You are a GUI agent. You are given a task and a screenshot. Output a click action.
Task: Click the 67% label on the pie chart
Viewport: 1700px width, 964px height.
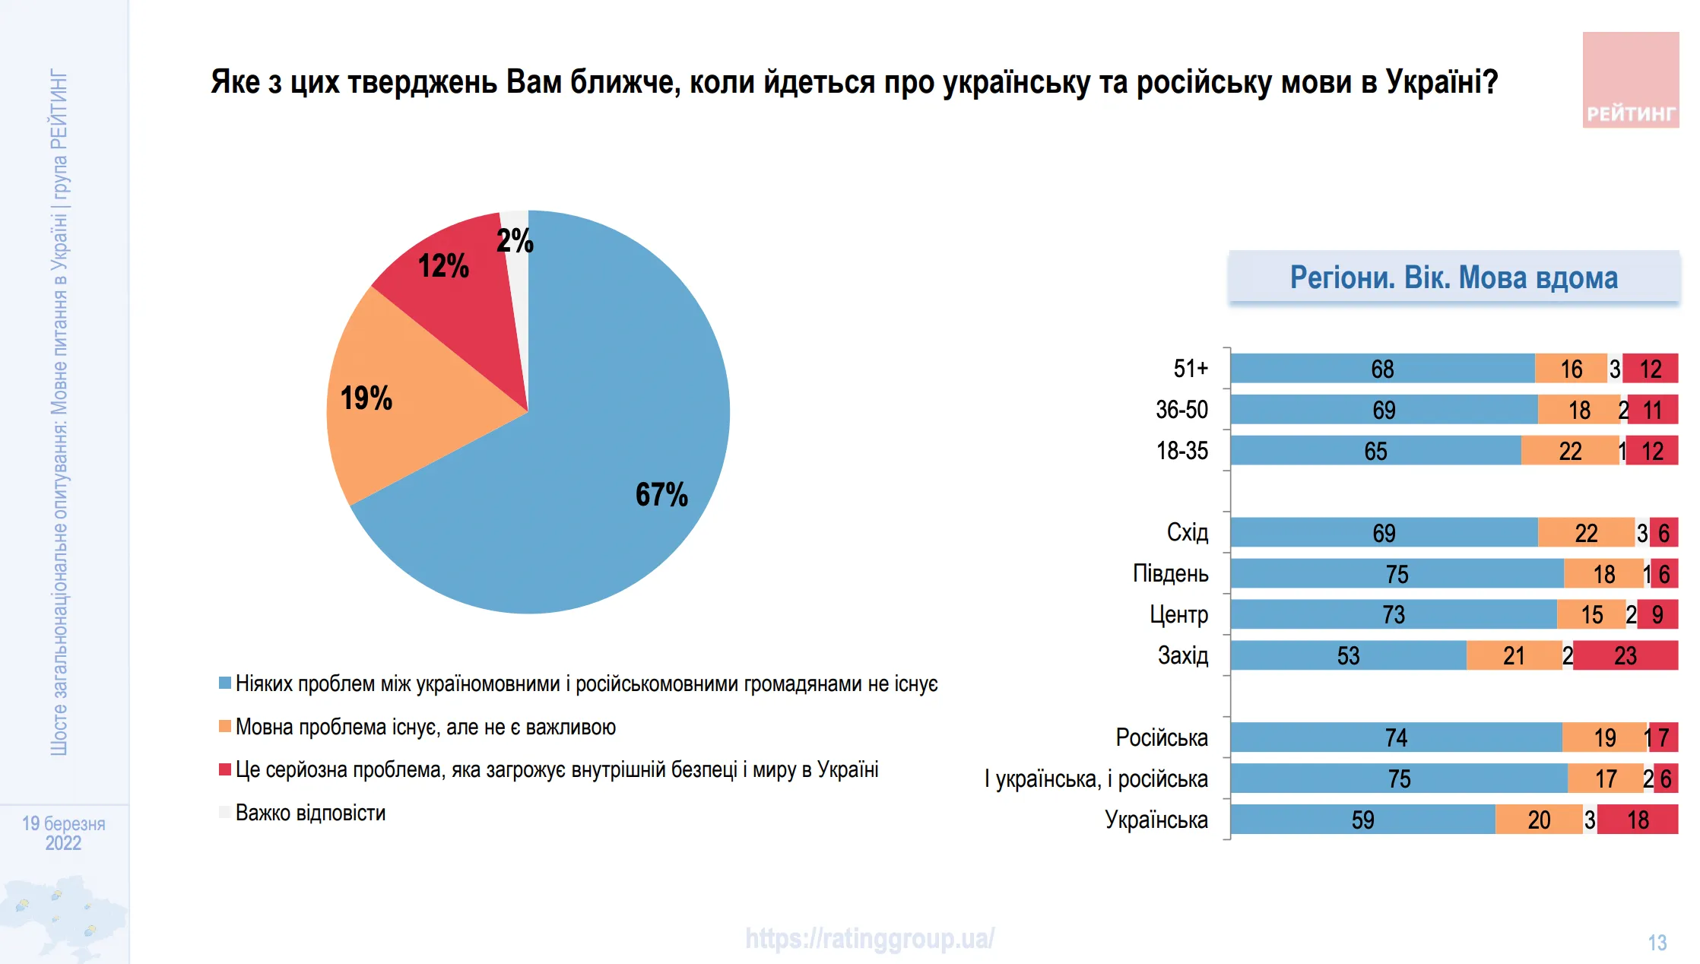click(661, 495)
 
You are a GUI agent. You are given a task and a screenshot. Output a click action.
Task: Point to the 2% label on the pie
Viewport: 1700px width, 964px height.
click(515, 241)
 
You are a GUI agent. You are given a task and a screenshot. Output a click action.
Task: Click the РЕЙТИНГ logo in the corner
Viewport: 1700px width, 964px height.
click(1630, 81)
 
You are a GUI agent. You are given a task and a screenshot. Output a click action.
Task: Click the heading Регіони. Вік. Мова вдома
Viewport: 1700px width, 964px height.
click(1454, 277)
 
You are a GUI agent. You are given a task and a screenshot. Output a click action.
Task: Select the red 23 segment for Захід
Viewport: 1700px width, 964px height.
click(1625, 655)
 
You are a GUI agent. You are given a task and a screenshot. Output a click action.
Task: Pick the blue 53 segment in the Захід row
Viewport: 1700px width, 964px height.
click(1348, 655)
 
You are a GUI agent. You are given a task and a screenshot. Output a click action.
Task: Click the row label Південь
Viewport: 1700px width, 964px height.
click(1170, 573)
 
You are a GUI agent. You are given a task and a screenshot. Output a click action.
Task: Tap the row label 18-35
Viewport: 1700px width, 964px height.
click(1181, 451)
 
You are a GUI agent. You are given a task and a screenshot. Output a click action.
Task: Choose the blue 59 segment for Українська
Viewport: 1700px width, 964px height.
click(1362, 820)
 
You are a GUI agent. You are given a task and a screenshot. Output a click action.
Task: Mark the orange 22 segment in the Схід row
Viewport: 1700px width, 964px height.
click(1585, 533)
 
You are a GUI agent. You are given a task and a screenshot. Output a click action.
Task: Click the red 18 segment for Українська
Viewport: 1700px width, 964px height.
click(1637, 820)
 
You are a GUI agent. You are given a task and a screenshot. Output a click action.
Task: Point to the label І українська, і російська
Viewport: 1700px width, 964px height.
click(1096, 778)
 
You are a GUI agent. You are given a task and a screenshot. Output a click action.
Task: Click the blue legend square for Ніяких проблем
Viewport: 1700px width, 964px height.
click(225, 683)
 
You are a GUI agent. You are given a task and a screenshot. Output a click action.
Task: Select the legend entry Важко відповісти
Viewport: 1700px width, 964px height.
click(310, 813)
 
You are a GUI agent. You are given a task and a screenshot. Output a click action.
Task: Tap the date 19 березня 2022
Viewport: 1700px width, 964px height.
click(63, 833)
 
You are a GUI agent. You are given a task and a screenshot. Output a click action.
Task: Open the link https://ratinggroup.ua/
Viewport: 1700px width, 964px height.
click(869, 938)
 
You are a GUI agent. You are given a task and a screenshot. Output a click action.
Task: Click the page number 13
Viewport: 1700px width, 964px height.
click(1657, 943)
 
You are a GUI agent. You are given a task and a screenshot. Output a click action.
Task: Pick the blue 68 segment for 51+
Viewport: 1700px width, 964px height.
click(1381, 369)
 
